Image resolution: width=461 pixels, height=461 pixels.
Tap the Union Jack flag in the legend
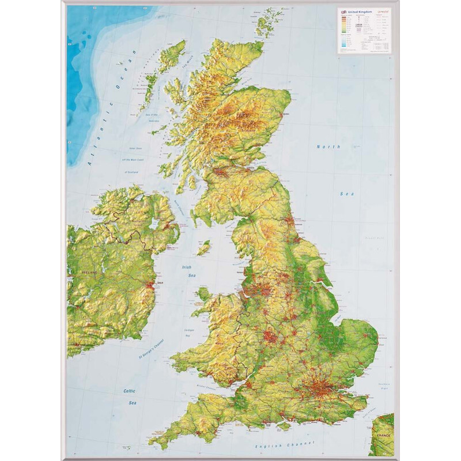(344, 12)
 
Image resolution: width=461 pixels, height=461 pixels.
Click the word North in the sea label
(329, 147)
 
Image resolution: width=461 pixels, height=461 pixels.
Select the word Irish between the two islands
(187, 267)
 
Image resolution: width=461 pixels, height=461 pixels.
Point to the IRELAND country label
(89, 271)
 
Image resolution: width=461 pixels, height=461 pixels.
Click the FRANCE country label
(382, 436)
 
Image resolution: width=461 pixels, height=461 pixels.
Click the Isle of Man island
(203, 248)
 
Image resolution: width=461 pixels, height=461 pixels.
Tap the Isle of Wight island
(284, 427)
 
